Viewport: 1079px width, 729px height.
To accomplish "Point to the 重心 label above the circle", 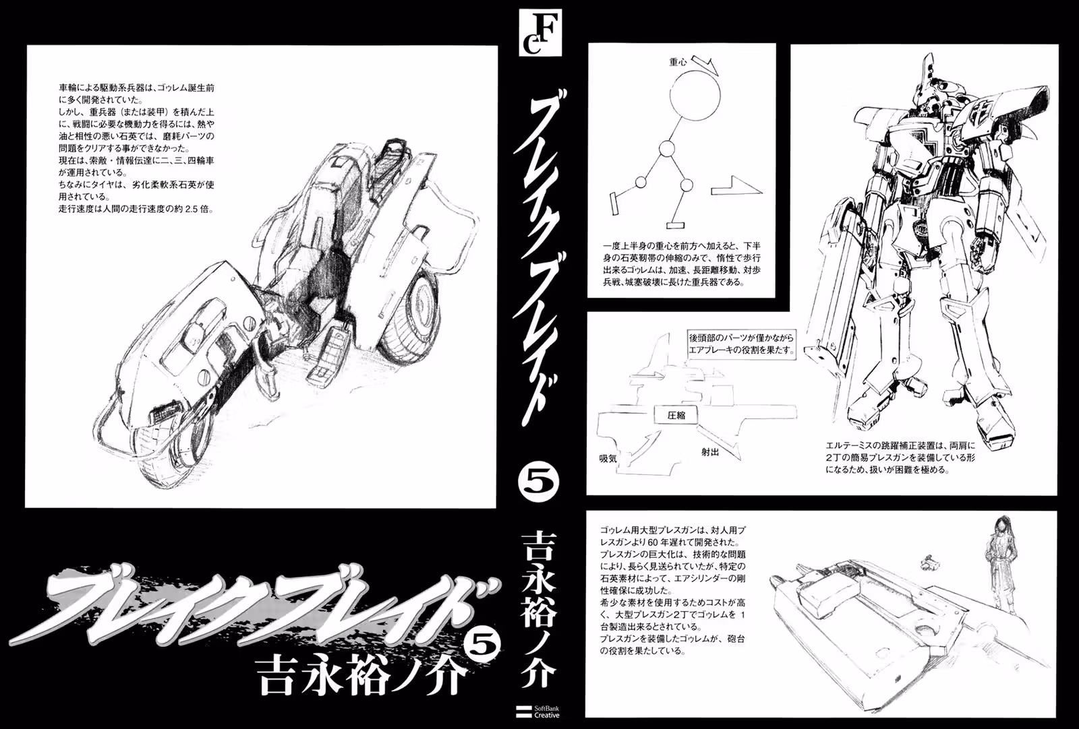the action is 678,62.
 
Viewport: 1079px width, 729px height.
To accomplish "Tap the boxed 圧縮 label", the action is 676,415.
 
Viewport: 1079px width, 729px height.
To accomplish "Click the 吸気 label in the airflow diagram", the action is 608,458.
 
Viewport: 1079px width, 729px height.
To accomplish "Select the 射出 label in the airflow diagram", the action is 710,452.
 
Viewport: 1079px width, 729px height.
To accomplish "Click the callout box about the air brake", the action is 741,344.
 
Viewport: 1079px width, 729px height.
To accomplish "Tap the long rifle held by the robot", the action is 829,308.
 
